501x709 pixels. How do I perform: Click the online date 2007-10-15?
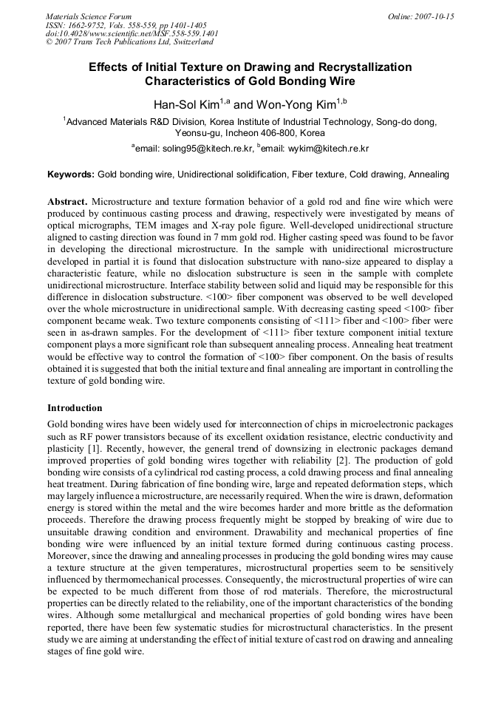[432, 16]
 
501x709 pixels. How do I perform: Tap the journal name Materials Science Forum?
[89, 16]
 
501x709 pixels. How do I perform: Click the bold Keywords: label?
[71, 174]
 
